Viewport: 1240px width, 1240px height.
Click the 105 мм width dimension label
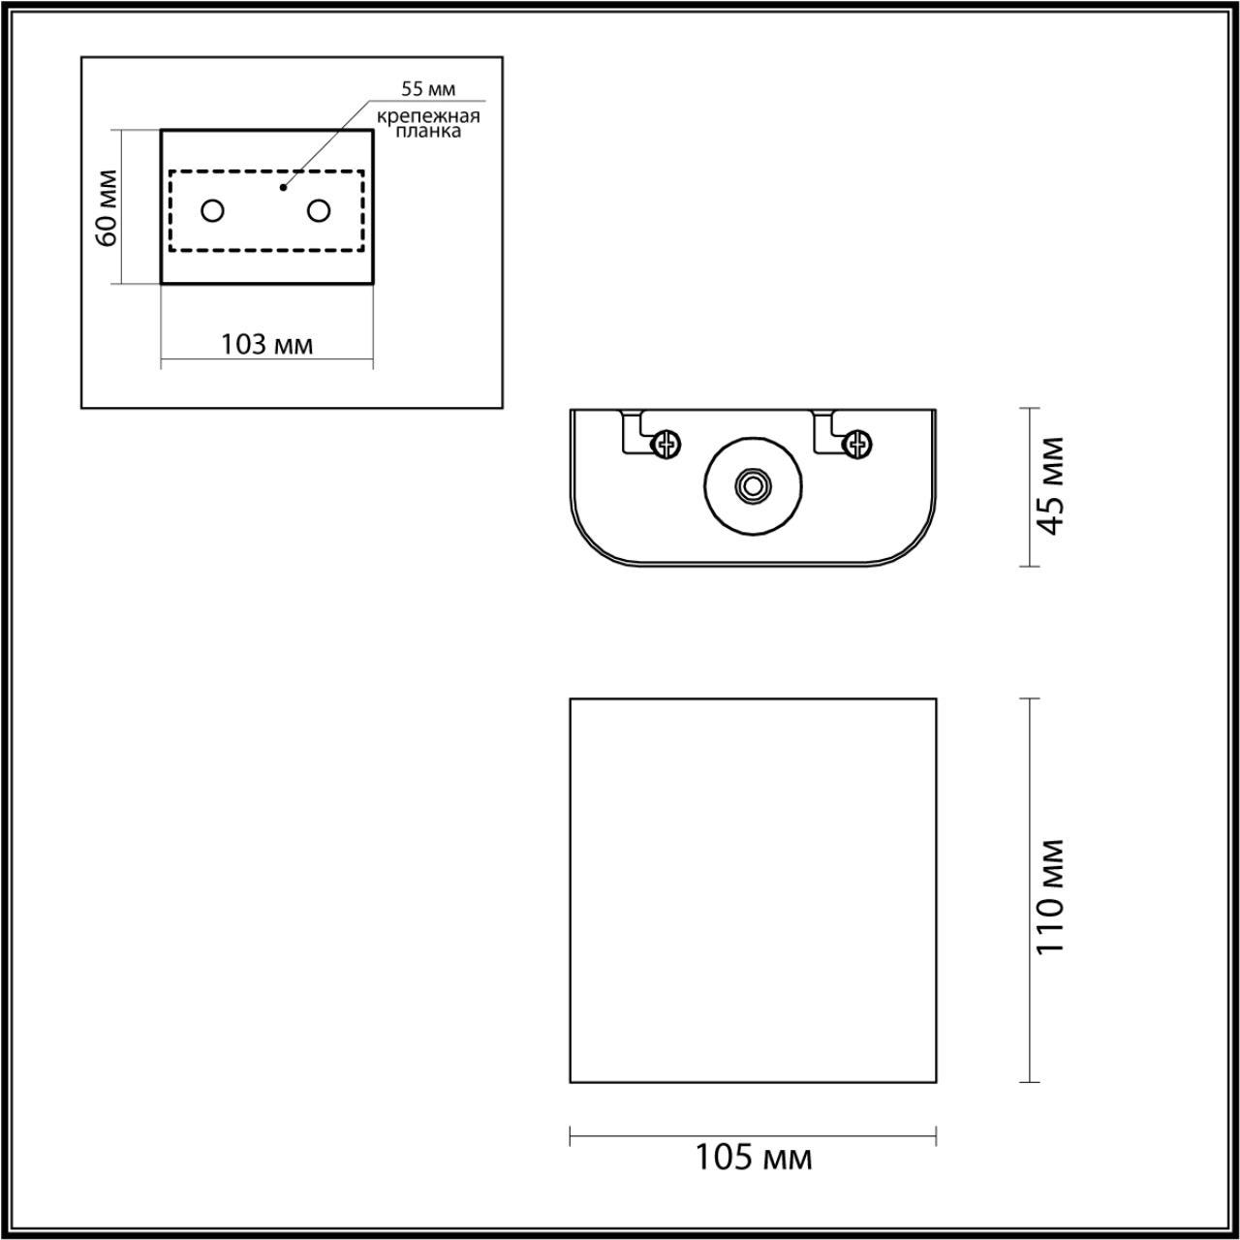click(x=753, y=1157)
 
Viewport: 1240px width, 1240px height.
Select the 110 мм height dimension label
click(x=1050, y=896)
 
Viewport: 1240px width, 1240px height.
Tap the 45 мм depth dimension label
click(x=1050, y=486)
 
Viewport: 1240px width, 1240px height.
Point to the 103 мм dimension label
click(x=266, y=344)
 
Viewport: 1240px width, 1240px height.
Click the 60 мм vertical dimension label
click(x=107, y=207)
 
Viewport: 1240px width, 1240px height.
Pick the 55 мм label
click(x=428, y=89)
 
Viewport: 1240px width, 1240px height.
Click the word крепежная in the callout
click(x=429, y=116)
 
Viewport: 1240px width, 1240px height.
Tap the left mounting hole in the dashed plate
click(x=213, y=210)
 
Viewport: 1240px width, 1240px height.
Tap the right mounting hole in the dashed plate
click(x=319, y=210)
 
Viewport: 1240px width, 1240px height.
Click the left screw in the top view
click(x=666, y=444)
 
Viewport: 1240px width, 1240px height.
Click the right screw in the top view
click(x=857, y=444)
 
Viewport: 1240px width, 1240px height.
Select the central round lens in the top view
click(x=752, y=486)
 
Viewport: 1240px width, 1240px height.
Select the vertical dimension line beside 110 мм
click(x=1029, y=775)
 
